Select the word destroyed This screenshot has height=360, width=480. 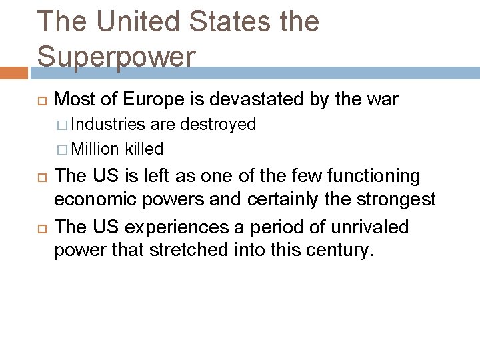click(218, 124)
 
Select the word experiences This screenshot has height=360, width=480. click(166, 227)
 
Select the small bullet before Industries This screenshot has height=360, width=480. click(62, 125)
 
